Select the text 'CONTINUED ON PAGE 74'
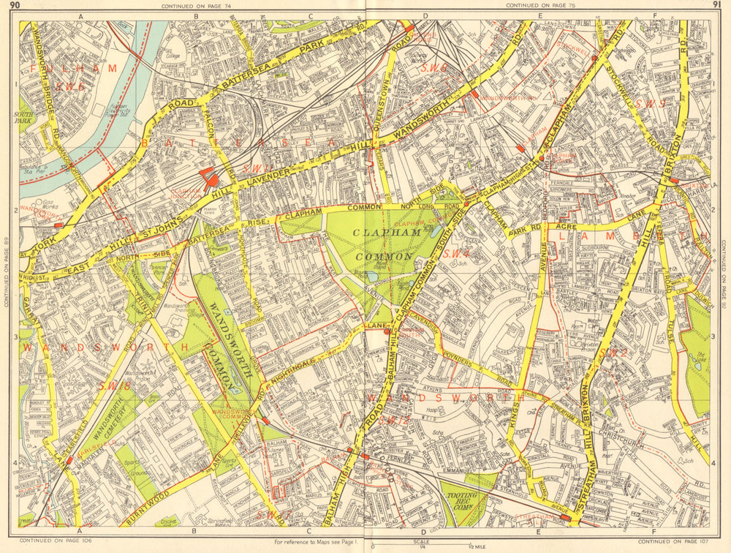click(x=191, y=5)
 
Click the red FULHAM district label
click(x=73, y=68)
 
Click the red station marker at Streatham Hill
click(x=564, y=518)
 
